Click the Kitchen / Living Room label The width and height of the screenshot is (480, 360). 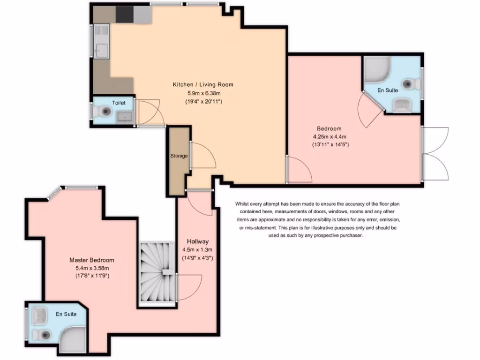203,85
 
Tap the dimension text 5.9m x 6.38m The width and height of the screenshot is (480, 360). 203,93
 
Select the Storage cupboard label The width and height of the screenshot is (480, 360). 179,156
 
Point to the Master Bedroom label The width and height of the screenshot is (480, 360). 91,260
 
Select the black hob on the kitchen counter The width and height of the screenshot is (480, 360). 125,15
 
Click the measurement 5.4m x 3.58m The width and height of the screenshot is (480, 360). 91,268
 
